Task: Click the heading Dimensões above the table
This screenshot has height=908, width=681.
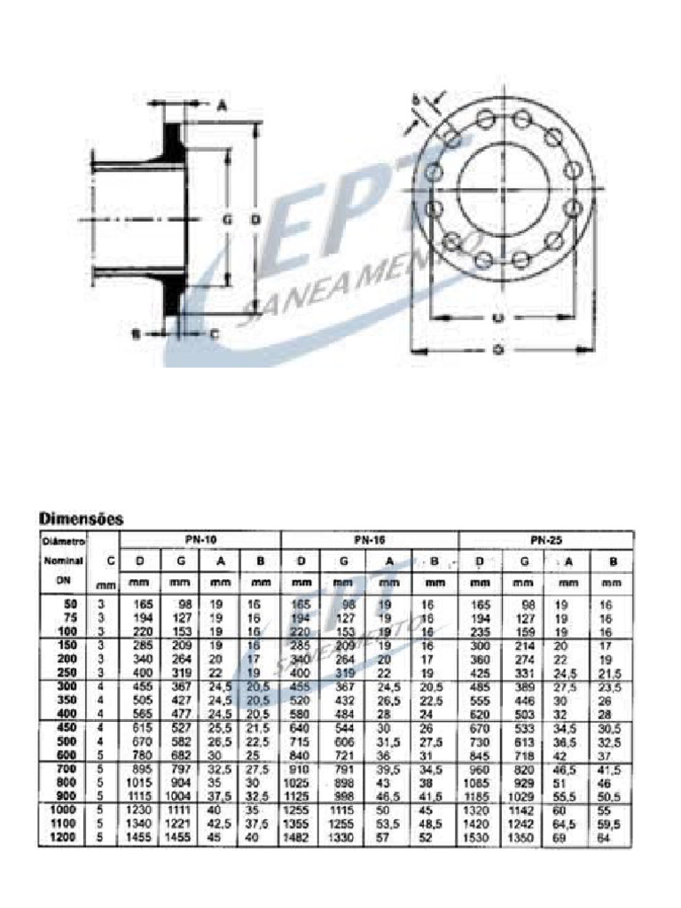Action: (81, 517)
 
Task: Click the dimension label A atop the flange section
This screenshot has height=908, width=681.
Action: (221, 105)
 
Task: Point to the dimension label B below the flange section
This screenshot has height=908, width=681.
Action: (136, 333)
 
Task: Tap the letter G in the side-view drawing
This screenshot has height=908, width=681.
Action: (226, 217)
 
